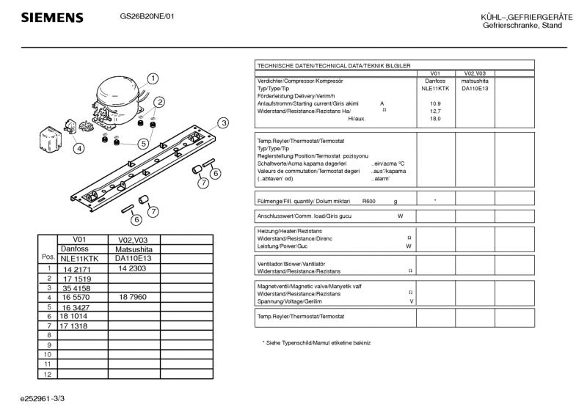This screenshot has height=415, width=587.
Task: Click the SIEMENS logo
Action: pyautogui.click(x=51, y=18)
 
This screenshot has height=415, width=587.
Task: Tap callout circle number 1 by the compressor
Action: pyautogui.click(x=153, y=78)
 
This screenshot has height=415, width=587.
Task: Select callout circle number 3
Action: pyautogui.click(x=222, y=122)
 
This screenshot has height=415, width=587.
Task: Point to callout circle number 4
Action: pyautogui.click(x=79, y=147)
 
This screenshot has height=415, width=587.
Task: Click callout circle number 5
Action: pyautogui.click(x=144, y=144)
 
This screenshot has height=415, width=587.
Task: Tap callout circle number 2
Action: pyautogui.click(x=158, y=103)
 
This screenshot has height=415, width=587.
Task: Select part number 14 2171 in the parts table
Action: pyautogui.click(x=76, y=269)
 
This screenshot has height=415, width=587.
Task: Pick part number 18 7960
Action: pyautogui.click(x=133, y=298)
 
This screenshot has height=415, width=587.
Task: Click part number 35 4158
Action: pyautogui.click(x=77, y=288)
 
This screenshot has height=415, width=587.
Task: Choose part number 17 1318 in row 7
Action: pyautogui.click(x=74, y=326)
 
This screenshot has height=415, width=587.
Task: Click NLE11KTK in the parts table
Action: pyautogui.click(x=79, y=259)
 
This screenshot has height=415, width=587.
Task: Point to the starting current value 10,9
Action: pyautogui.click(x=435, y=103)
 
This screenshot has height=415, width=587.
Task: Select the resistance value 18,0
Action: pyautogui.click(x=435, y=119)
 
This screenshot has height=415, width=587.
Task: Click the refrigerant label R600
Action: pyautogui.click(x=369, y=201)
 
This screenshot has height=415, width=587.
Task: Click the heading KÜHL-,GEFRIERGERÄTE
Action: pyautogui.click(x=522, y=17)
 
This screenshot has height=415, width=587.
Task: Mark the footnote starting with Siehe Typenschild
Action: pyautogui.click(x=317, y=343)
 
